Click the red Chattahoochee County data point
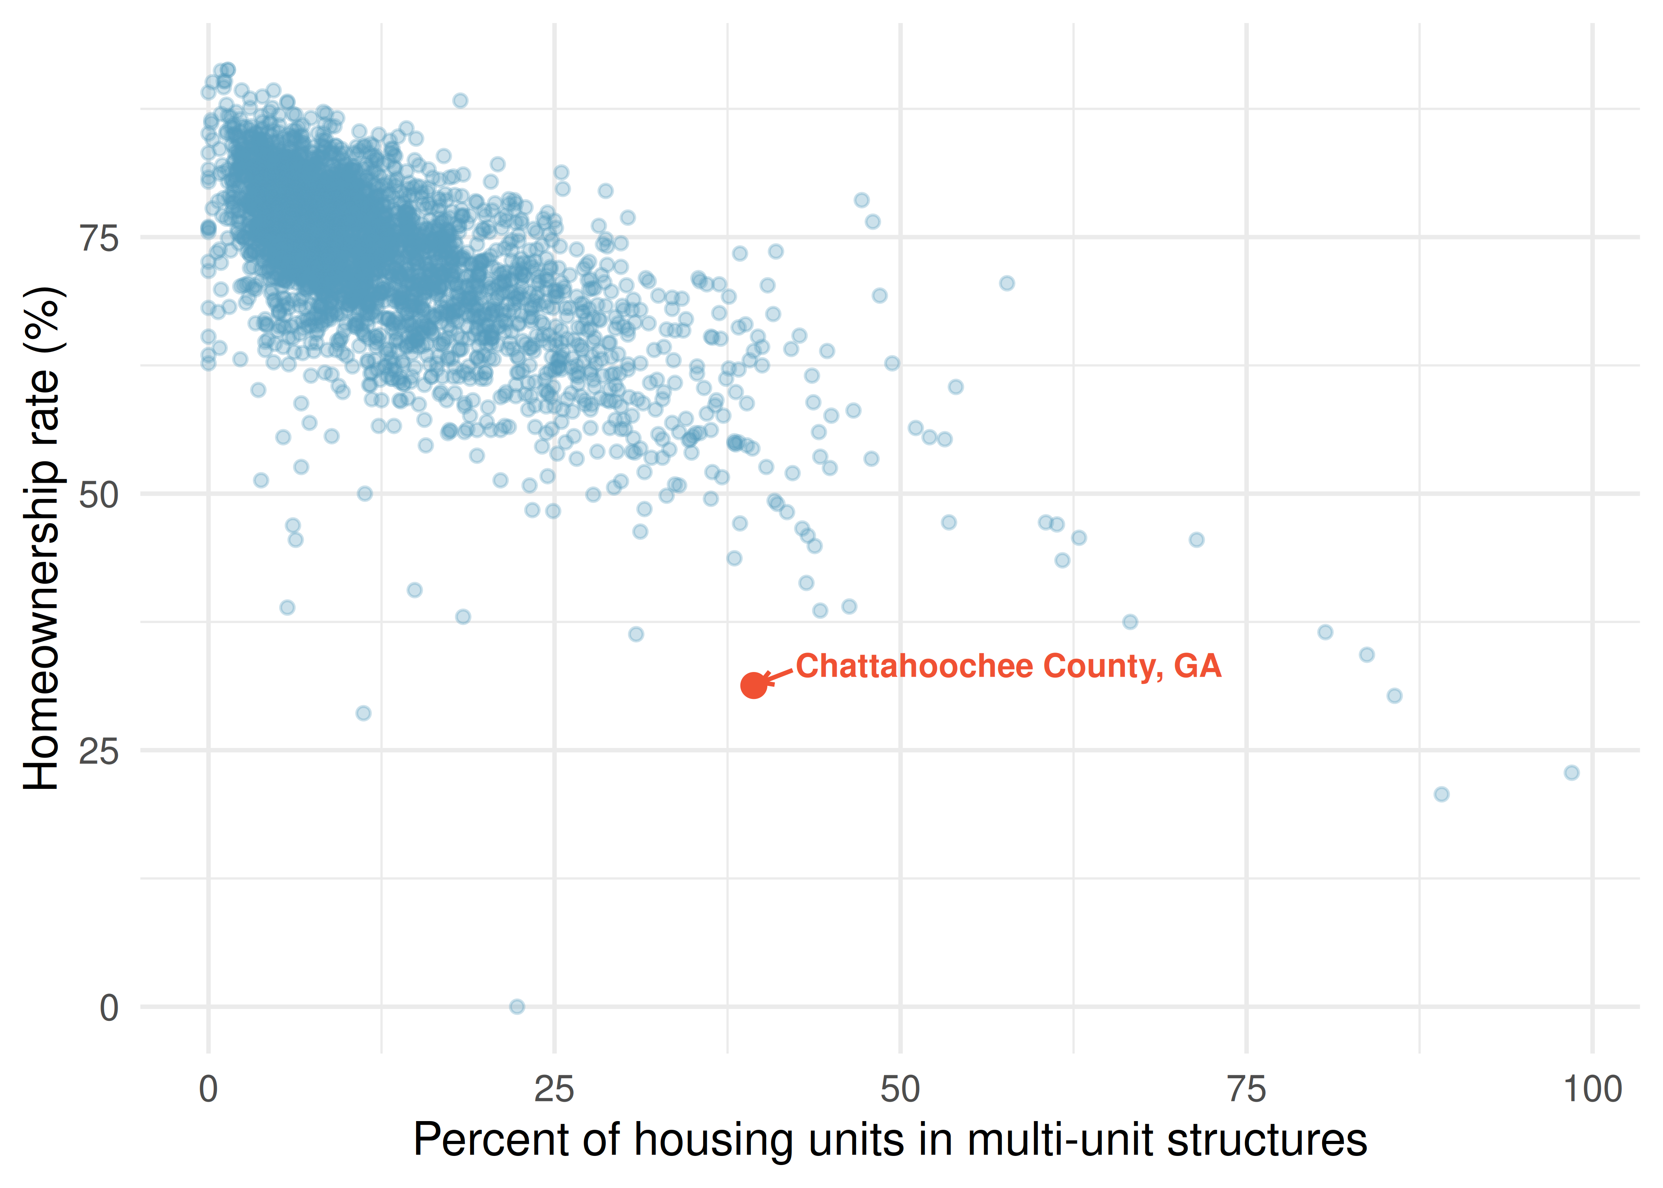point(753,685)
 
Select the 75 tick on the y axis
point(99,238)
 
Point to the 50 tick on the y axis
point(99,495)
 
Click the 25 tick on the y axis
point(99,751)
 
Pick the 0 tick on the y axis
point(109,1008)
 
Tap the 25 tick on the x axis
point(554,1089)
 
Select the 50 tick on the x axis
point(900,1089)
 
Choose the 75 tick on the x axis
point(1246,1089)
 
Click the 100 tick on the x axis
point(1592,1089)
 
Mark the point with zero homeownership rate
point(517,1007)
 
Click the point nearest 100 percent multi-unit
point(1572,773)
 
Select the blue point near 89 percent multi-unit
point(1441,794)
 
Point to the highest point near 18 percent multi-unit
point(460,100)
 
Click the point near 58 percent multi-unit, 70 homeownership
point(1007,283)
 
